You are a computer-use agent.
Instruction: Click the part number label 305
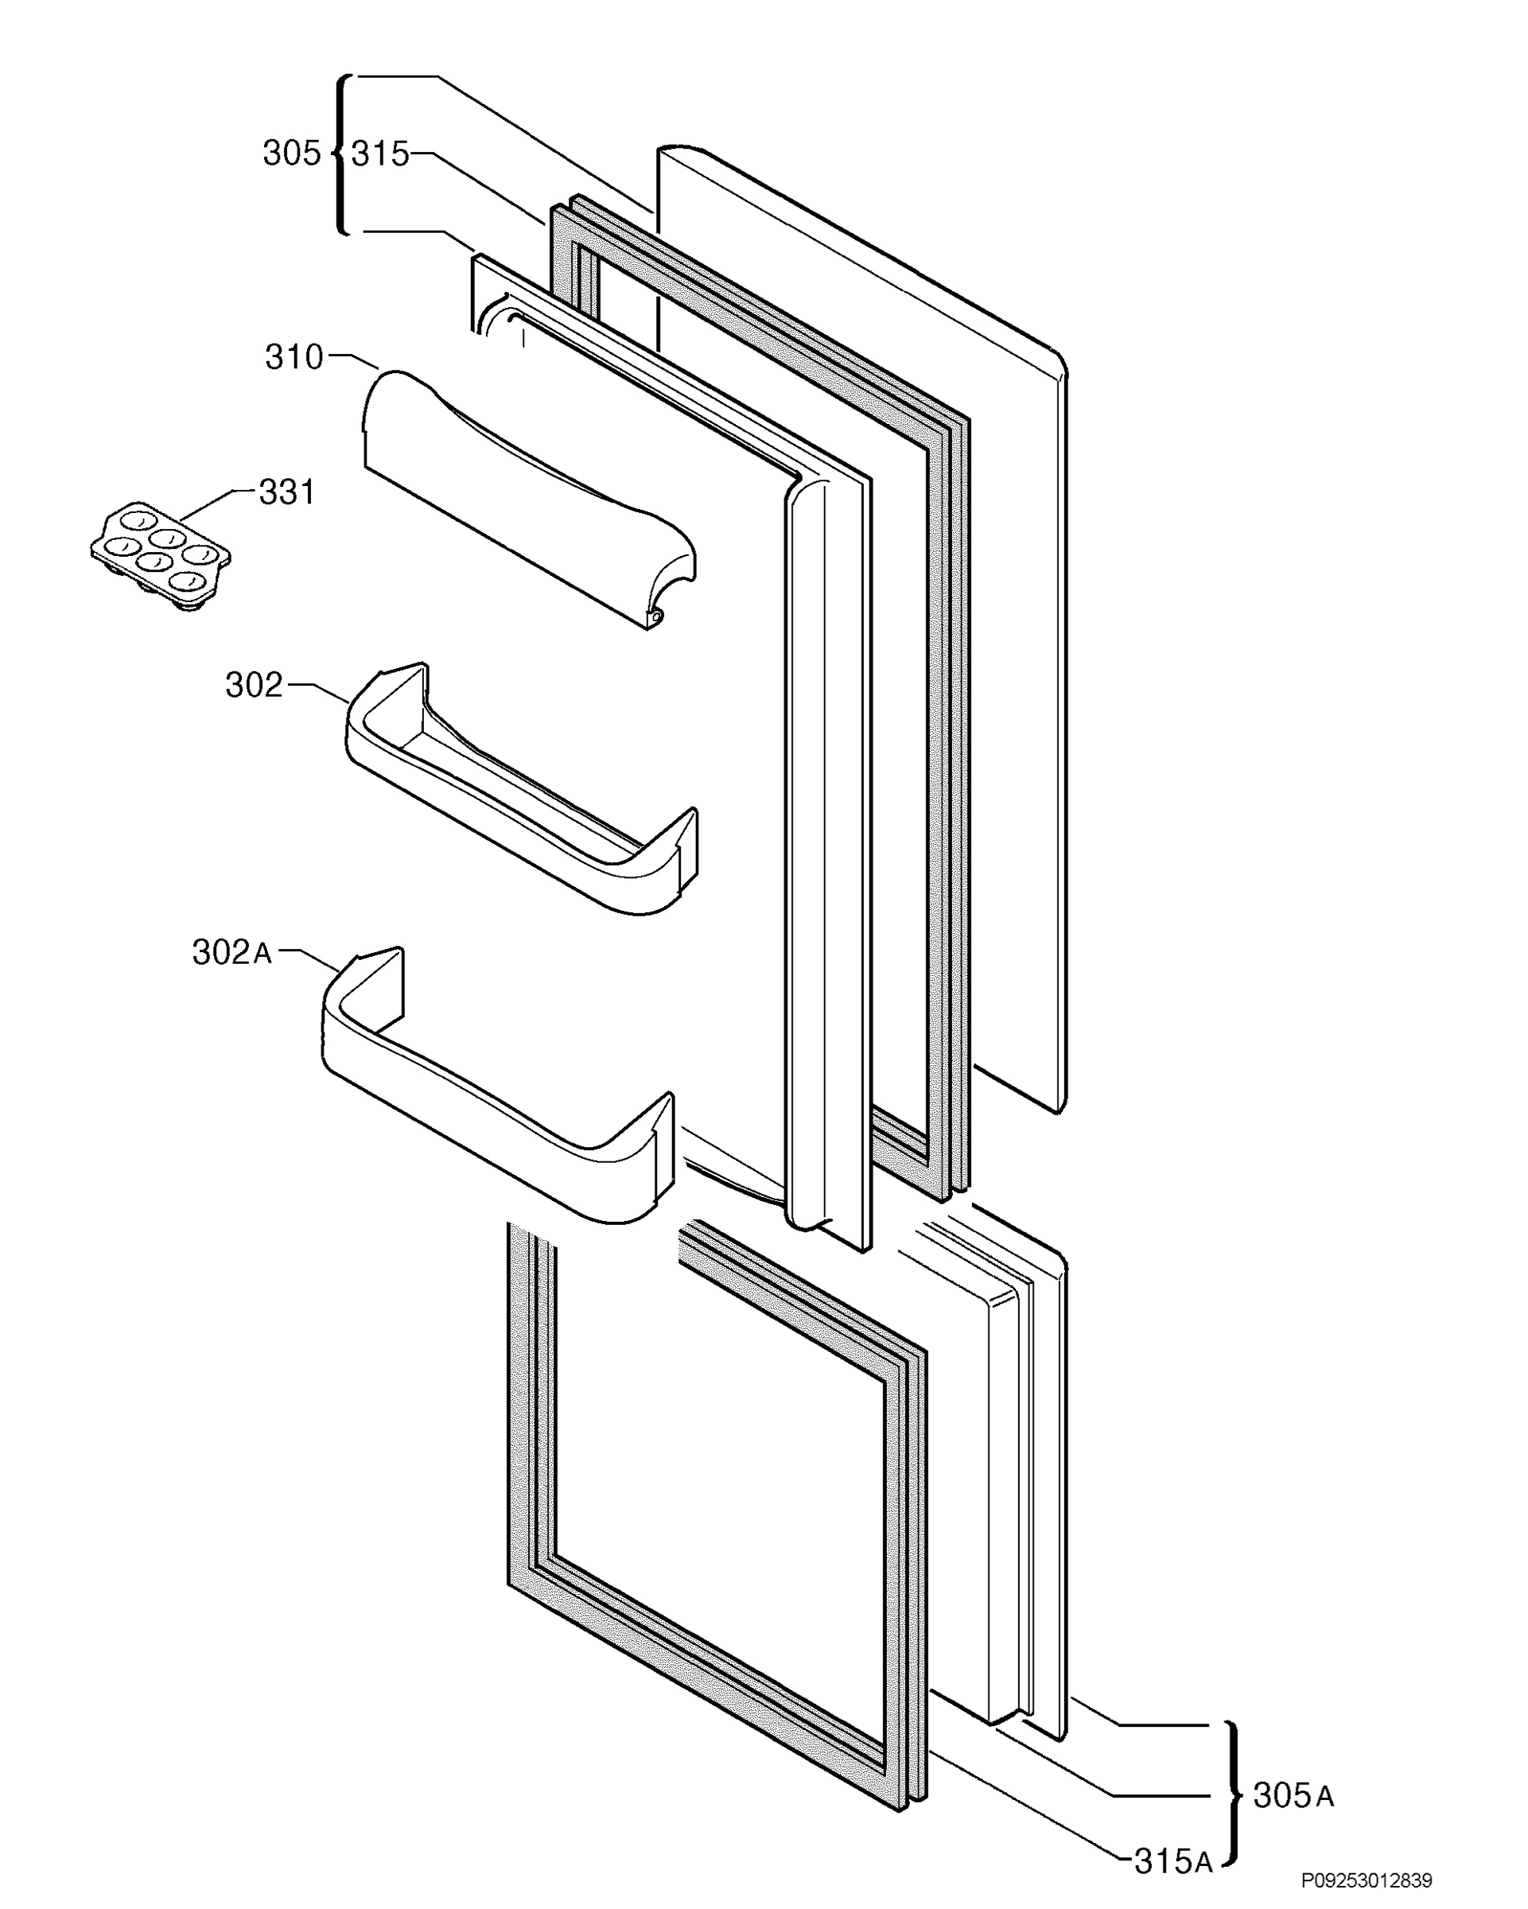[x=291, y=154]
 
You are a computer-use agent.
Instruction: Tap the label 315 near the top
[x=379, y=154]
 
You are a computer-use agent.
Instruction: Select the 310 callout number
[x=294, y=357]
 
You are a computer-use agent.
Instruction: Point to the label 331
[x=286, y=492]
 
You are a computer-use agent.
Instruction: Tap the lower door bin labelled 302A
[x=497, y=1086]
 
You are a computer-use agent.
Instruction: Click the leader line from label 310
[x=353, y=360]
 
